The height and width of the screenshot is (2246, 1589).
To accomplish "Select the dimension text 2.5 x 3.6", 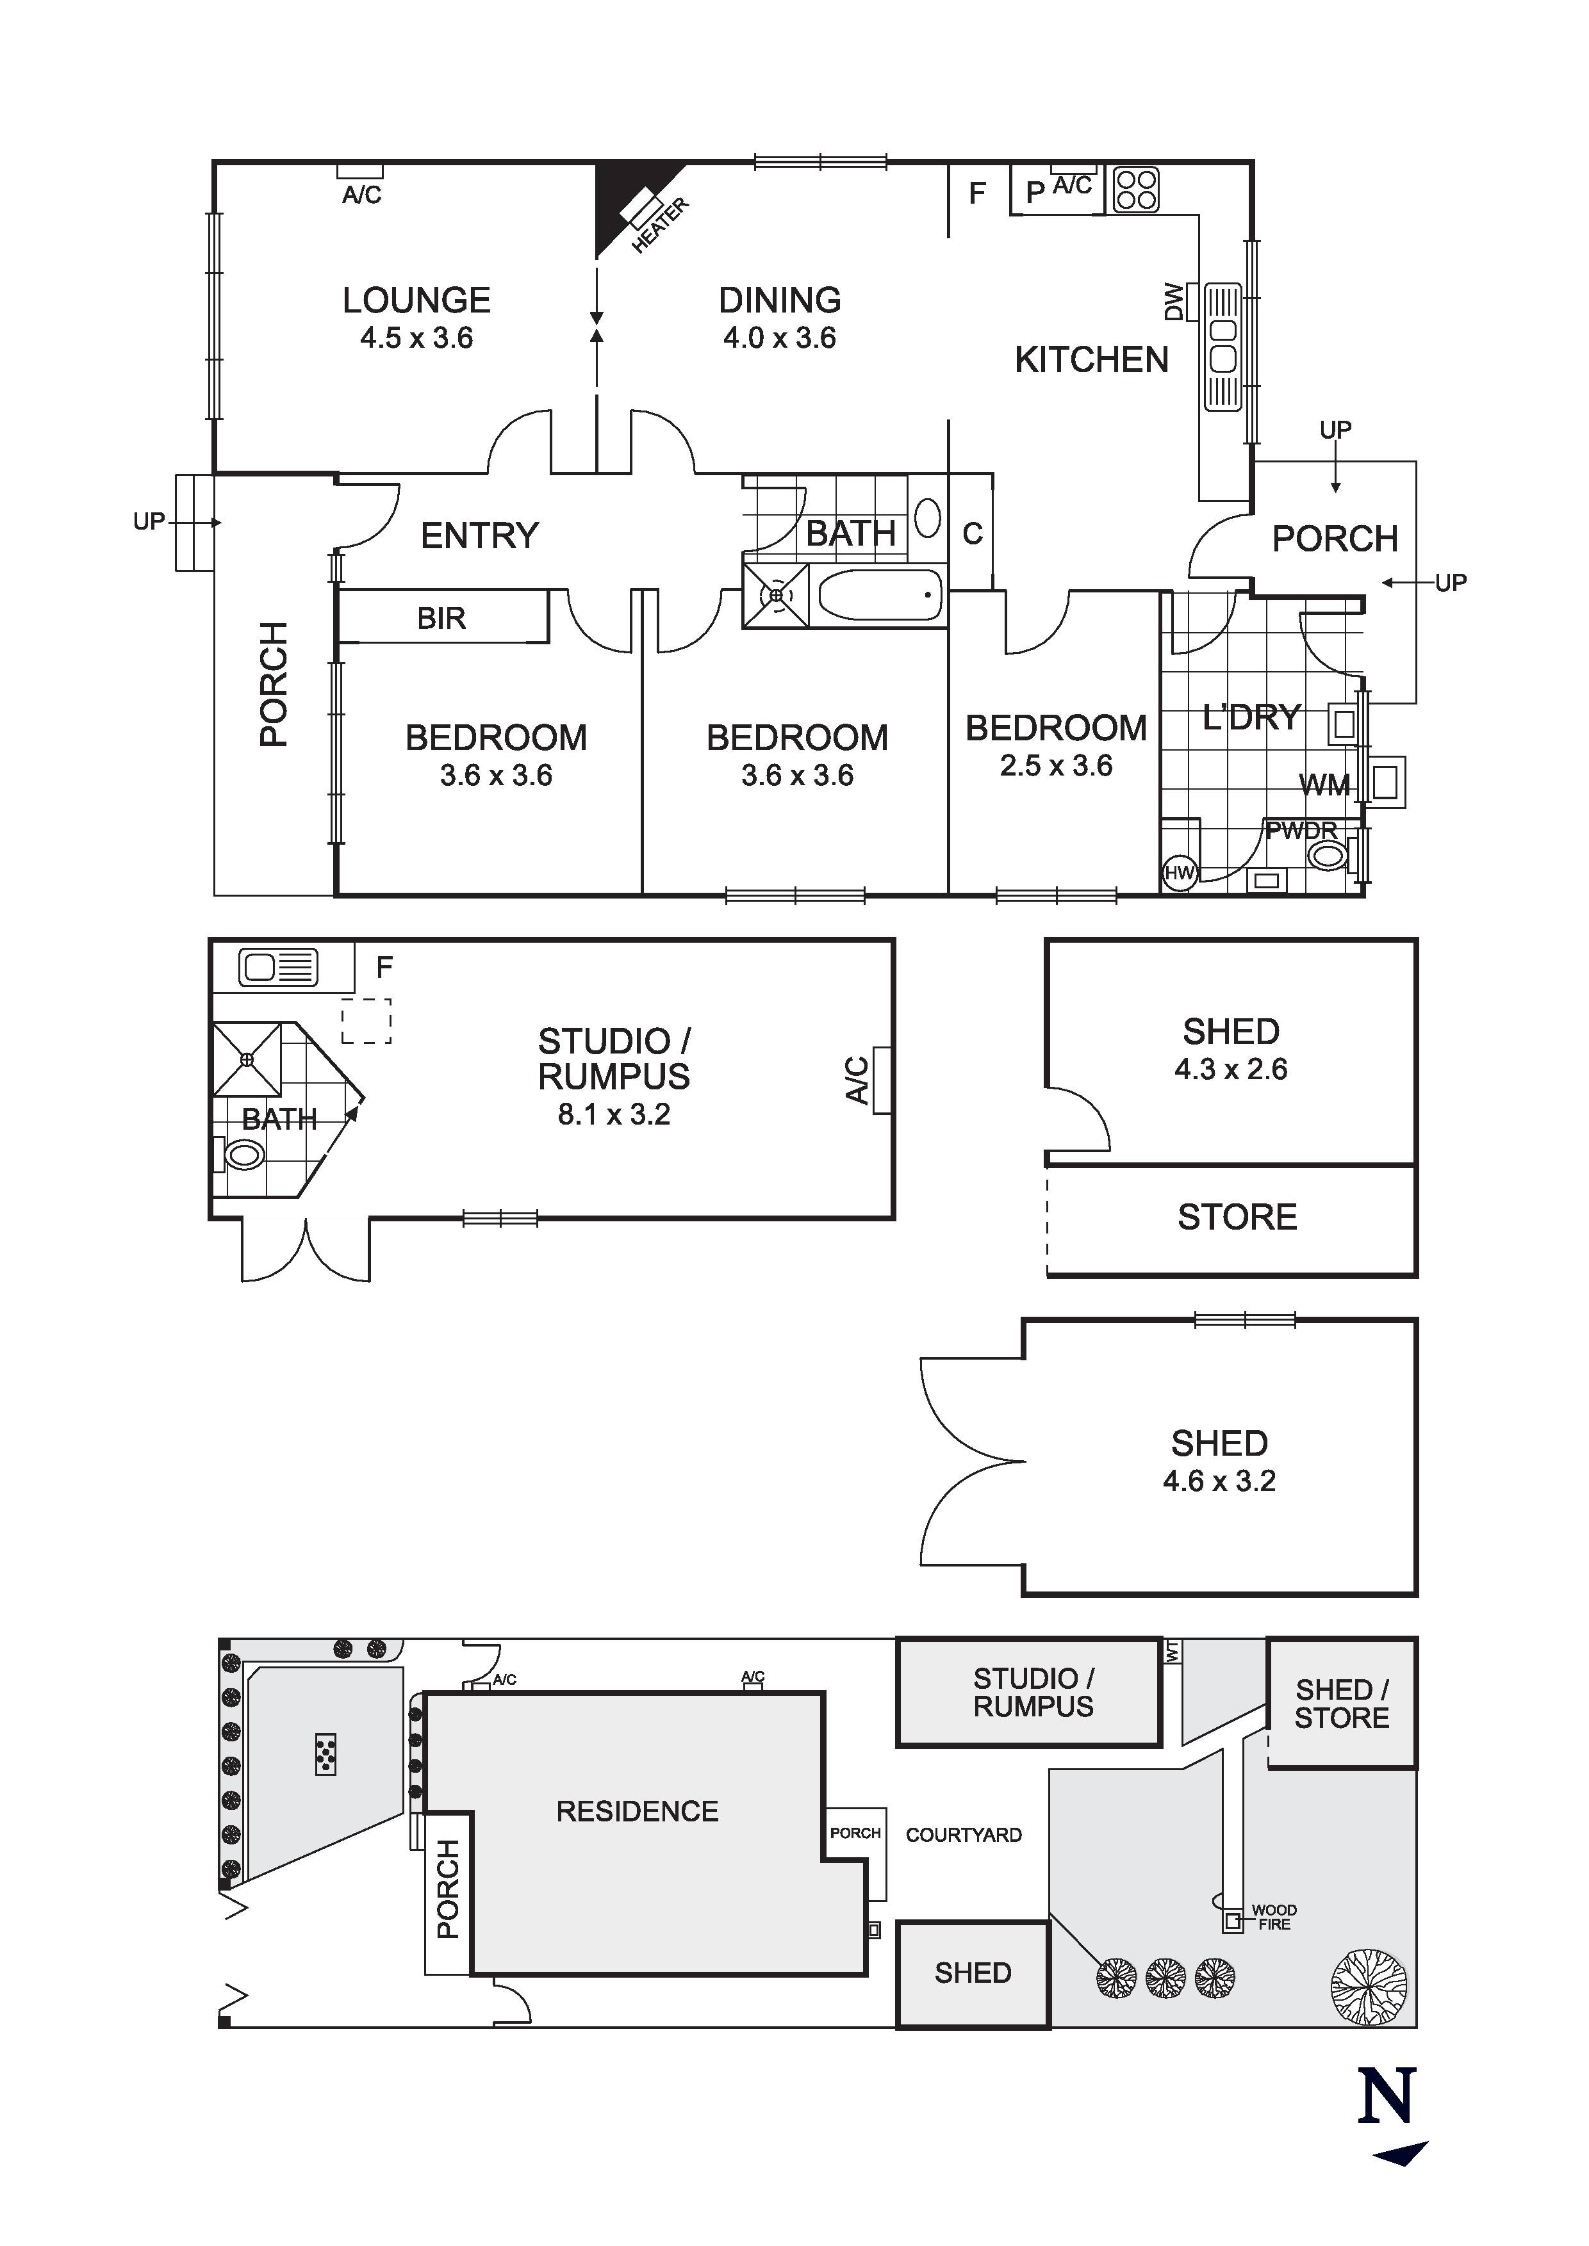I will point(1056,766).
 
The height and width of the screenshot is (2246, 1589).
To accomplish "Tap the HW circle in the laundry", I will point(1180,872).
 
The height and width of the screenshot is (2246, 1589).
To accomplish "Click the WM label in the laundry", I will point(1324,785).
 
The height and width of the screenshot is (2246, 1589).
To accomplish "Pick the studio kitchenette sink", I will point(278,968).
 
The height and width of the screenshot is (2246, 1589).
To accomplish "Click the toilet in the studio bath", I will point(243,1155).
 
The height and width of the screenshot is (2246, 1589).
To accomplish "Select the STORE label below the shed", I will point(1237,1217).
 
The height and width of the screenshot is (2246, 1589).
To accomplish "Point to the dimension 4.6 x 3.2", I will point(1219,1481).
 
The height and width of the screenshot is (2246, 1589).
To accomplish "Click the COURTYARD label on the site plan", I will point(963,1835).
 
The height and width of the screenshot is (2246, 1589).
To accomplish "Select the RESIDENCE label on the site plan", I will point(637,1812).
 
